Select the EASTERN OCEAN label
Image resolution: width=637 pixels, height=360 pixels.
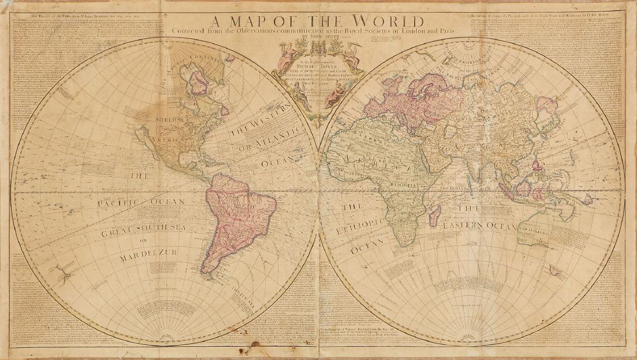479,227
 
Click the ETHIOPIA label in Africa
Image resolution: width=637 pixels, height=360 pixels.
405,195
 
